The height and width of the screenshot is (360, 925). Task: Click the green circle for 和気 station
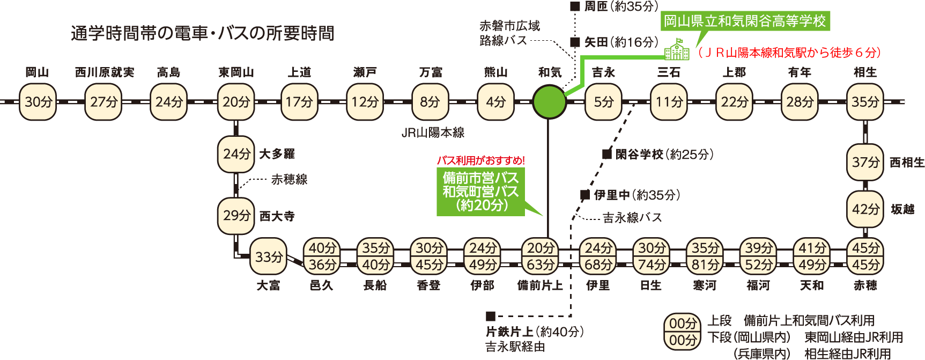[549, 101]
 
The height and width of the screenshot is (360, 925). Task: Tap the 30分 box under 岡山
[38, 101]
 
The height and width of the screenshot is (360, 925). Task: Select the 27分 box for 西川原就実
[103, 101]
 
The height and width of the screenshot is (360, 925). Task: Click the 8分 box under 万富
[430, 101]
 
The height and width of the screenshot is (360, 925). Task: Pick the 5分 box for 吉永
[603, 101]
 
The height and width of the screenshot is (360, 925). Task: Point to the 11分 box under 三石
[669, 101]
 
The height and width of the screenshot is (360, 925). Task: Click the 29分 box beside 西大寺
[236, 216]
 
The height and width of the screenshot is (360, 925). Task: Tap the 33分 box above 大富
[268, 257]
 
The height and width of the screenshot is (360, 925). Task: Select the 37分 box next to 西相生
[865, 162]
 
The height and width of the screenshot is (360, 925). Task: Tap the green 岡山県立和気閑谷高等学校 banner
[745, 21]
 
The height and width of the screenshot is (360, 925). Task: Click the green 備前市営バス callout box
[480, 192]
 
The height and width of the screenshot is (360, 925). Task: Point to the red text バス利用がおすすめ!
[480, 160]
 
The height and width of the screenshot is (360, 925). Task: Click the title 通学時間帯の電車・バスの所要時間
[202, 33]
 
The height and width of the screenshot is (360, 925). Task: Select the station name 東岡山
[236, 72]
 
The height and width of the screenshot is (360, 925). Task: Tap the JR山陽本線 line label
[433, 133]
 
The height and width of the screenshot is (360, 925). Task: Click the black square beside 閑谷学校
[606, 154]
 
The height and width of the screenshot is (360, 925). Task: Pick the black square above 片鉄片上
[490, 316]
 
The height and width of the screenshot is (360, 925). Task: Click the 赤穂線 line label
[289, 179]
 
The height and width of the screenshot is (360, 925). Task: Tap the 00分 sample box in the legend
[683, 332]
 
